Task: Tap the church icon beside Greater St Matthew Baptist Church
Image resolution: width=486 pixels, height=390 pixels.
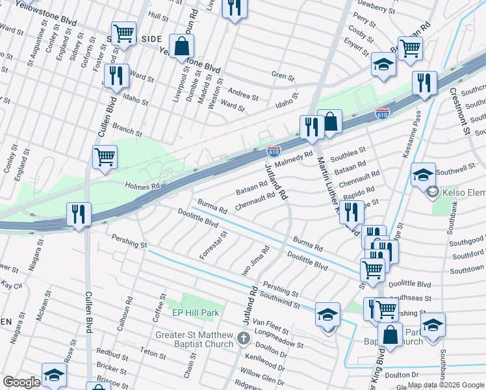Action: click(x=243, y=338)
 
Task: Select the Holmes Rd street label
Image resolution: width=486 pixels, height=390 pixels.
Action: click(x=142, y=187)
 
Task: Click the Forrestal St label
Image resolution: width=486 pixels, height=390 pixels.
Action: click(x=214, y=245)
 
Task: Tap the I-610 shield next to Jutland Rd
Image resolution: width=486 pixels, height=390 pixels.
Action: click(x=274, y=151)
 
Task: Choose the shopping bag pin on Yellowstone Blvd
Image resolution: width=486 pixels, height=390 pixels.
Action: click(x=182, y=47)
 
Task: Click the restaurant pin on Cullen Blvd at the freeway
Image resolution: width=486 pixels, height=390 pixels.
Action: click(x=79, y=214)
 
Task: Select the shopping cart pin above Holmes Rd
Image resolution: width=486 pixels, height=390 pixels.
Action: click(x=105, y=157)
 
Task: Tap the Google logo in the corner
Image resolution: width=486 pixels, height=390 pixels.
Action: click(x=21, y=382)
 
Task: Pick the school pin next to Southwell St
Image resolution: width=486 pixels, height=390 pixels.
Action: click(x=423, y=175)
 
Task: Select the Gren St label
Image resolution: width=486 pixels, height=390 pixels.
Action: click(x=283, y=76)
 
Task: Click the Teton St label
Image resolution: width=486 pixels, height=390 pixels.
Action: click(x=153, y=354)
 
